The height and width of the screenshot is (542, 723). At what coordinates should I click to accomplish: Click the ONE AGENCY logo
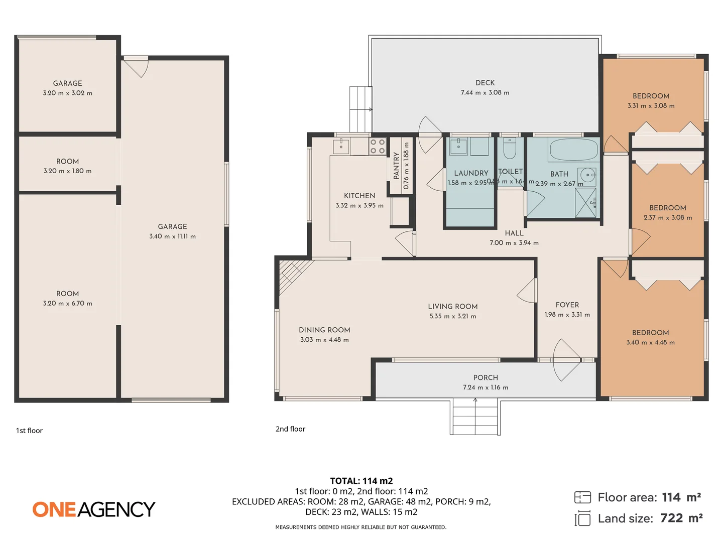point(94,509)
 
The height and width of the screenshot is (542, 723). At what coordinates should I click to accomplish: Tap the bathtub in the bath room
point(573,150)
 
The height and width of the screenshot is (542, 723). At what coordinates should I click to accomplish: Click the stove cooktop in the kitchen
point(378,147)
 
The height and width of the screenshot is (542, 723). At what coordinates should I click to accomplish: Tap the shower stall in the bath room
point(585,203)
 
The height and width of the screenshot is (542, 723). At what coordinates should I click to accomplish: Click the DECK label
point(485,83)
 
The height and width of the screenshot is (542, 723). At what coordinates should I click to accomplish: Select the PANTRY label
point(396,166)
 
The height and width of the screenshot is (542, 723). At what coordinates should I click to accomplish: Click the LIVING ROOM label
point(452,306)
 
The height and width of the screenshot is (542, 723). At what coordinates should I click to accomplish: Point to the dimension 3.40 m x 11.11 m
point(172,236)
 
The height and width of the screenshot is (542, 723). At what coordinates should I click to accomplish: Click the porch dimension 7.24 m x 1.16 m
point(485,387)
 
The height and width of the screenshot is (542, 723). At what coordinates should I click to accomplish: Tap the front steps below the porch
point(475,417)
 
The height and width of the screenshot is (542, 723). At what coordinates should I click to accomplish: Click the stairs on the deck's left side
point(360,108)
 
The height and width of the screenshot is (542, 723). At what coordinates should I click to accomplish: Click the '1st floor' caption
point(29,431)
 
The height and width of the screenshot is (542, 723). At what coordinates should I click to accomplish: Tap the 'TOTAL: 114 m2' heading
point(361,481)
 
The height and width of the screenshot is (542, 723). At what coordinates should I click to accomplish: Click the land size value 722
point(671,518)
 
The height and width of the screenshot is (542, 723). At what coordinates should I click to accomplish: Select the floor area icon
point(582,497)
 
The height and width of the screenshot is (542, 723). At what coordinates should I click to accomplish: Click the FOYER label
point(567,305)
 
